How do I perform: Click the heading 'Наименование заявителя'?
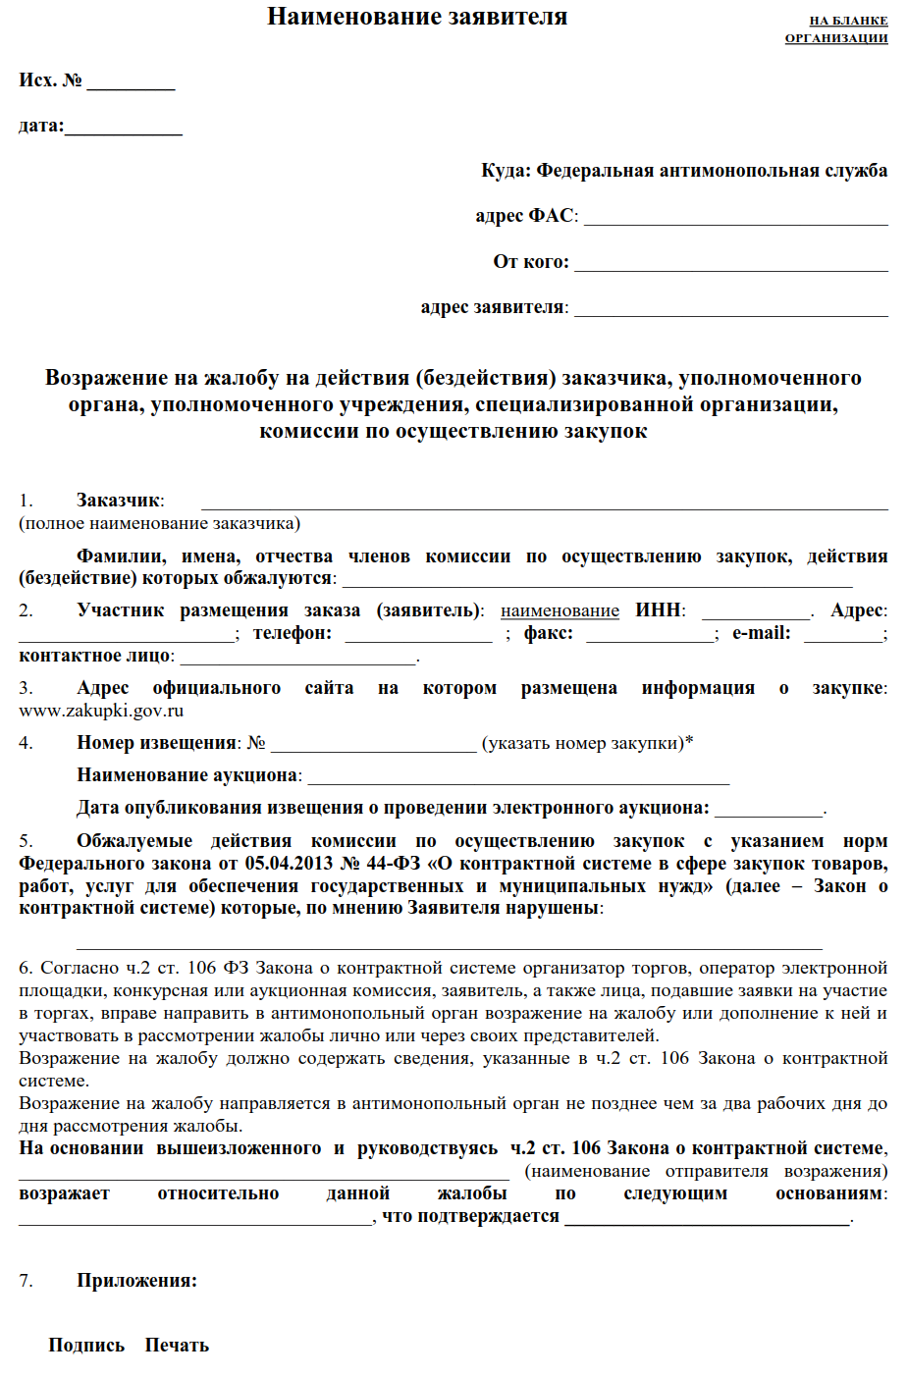click(417, 17)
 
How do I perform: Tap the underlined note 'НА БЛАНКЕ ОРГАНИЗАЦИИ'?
click(836, 29)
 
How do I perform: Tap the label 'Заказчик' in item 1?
click(118, 501)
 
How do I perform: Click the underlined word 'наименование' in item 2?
click(560, 610)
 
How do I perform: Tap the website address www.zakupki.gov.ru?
click(101, 710)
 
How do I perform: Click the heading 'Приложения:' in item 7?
click(136, 1281)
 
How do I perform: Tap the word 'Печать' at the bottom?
click(177, 1346)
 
